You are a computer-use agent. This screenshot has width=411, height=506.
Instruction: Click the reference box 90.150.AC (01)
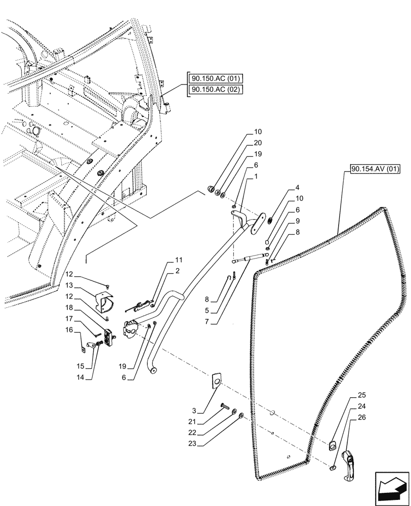click(216, 78)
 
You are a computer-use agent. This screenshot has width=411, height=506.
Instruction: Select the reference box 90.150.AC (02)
click(216, 90)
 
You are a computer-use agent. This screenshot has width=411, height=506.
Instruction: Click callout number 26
click(361, 417)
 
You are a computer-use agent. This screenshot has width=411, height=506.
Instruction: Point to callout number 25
click(361, 395)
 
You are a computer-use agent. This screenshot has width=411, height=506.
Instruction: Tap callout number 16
click(69, 329)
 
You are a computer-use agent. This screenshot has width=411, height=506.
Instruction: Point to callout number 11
click(178, 260)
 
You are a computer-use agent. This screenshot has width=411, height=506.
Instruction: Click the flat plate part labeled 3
click(216, 381)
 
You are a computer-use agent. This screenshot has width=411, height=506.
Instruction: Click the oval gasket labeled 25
click(333, 445)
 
